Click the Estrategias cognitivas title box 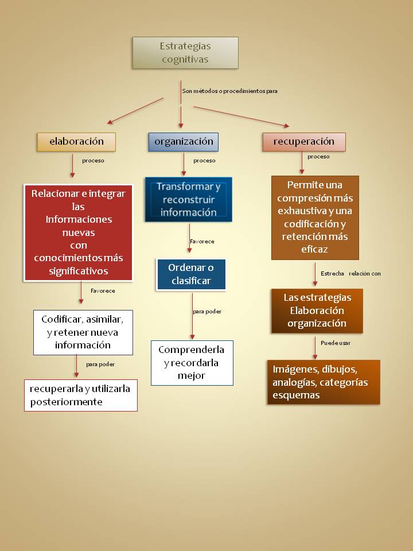tap(185, 53)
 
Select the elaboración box tap(76, 142)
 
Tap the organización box tap(184, 142)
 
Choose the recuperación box tap(303, 142)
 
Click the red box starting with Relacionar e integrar tap(78, 232)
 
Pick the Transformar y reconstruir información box tap(188, 200)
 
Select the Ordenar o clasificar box tap(191, 274)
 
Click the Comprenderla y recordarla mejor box tap(192, 363)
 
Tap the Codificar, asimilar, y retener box tap(83, 332)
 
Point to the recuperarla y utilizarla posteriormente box tap(80, 395)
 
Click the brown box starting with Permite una tap(315, 218)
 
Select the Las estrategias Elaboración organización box tap(317, 311)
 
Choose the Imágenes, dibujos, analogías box tap(323, 382)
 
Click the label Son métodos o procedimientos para tap(229, 91)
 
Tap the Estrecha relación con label tap(350, 274)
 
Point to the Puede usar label tap(336, 343)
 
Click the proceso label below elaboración tap(93, 161)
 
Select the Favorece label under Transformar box tap(201, 242)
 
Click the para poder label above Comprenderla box tap(207, 312)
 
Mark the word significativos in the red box tap(78, 270)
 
